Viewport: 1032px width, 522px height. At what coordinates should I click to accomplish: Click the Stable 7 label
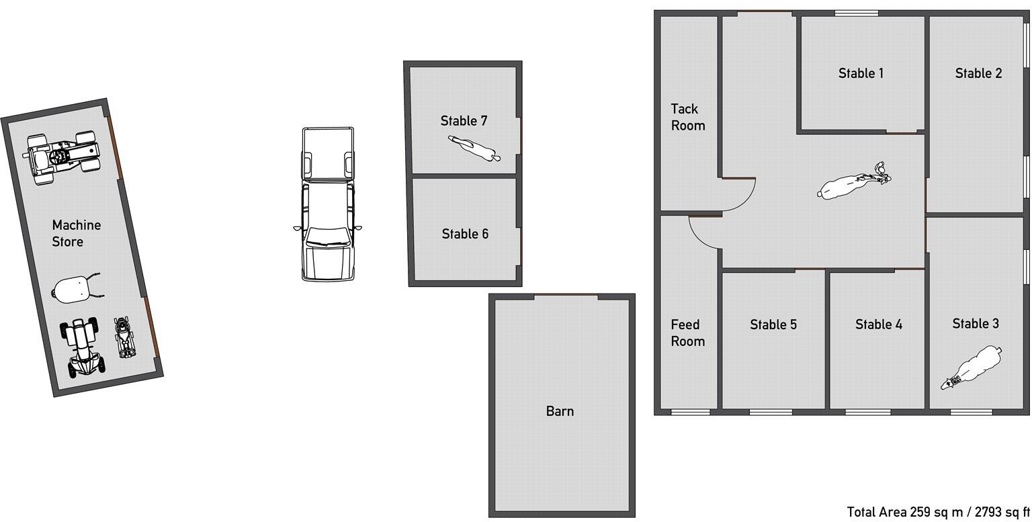tap(464, 121)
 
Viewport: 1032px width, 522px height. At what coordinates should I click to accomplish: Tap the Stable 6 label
tap(465, 234)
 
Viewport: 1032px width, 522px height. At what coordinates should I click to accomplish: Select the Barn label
tap(560, 411)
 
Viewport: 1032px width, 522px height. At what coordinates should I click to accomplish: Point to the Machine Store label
tap(76, 233)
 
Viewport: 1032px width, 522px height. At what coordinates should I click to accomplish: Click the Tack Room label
tap(687, 117)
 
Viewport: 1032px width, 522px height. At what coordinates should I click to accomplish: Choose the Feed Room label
tap(687, 333)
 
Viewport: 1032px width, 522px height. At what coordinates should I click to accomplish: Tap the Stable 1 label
tap(861, 73)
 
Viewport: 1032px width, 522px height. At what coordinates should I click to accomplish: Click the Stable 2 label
tap(978, 73)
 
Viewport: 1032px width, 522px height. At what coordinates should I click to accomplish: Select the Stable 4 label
tap(878, 324)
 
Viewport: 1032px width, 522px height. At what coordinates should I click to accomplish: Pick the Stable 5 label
tap(773, 324)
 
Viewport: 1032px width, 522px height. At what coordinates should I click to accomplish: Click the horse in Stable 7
tap(474, 148)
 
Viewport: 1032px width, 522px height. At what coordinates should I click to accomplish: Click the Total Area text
tap(938, 512)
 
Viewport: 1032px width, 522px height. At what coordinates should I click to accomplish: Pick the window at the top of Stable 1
tap(857, 13)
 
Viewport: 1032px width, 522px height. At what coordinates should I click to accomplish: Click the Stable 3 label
tap(976, 324)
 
